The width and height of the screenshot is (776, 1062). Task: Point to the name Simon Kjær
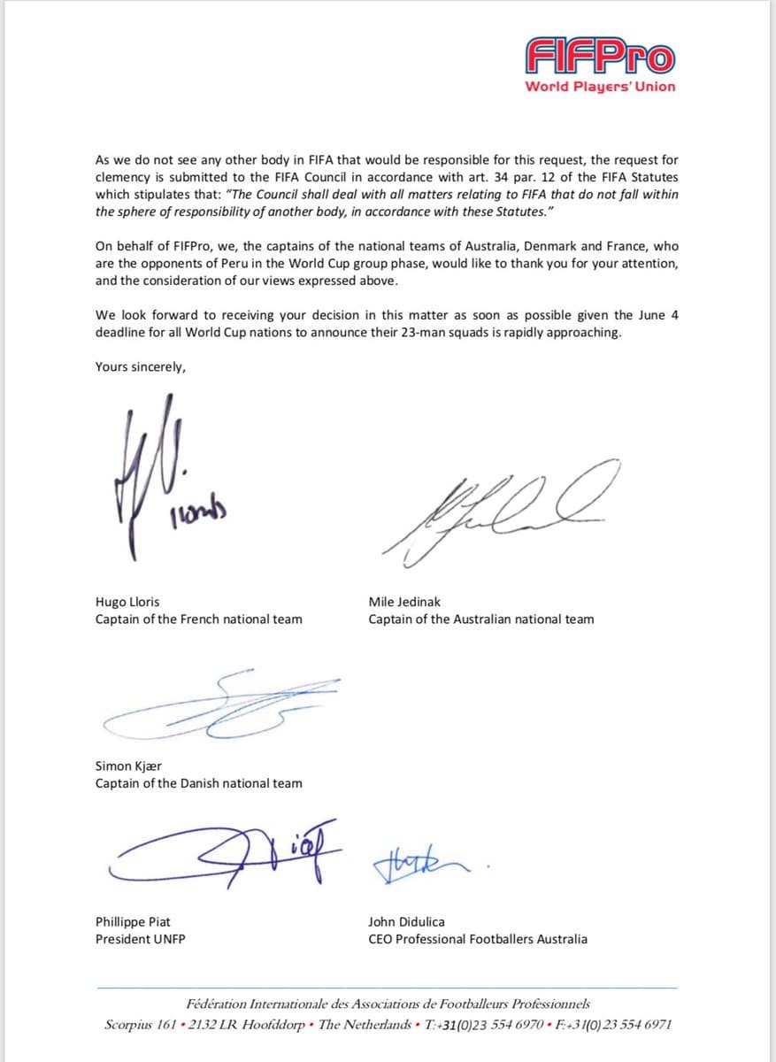pos(128,766)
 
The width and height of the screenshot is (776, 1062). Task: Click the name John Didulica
pos(406,922)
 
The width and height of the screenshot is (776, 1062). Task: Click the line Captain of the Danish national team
pos(198,783)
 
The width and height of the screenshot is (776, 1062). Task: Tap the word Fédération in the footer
pos(218,1004)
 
